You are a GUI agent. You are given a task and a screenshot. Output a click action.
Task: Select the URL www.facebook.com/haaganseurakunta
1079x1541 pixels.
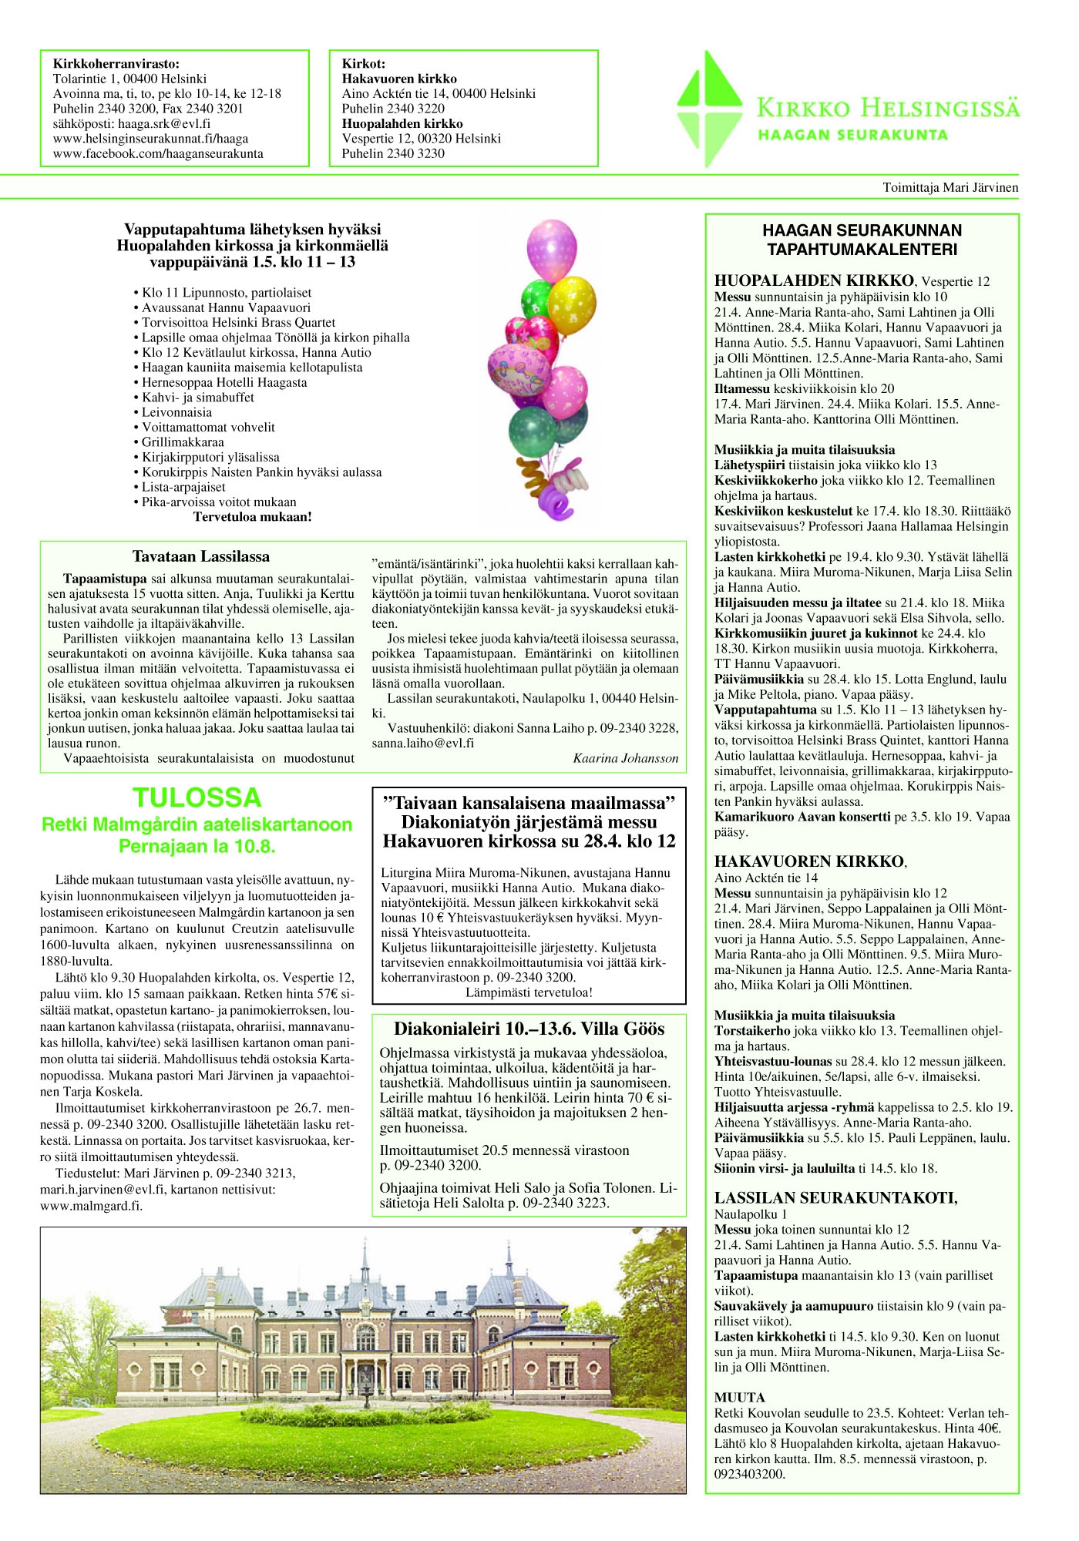[x=158, y=153]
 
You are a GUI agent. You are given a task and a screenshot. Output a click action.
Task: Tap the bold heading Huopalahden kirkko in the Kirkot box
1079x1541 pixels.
[x=402, y=123]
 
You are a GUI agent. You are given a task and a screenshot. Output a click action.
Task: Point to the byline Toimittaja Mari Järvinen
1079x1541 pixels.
[x=950, y=187]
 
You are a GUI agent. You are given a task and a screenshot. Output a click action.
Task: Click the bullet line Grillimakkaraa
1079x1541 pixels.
[x=183, y=442]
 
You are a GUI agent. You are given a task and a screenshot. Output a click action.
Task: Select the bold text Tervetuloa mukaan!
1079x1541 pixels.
[x=252, y=517]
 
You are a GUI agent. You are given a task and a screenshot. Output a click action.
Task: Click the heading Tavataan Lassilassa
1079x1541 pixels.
[x=200, y=556]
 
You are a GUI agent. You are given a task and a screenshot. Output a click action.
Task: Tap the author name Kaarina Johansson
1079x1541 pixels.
[x=625, y=758]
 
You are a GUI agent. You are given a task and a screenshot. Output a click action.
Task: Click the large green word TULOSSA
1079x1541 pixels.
[x=197, y=797]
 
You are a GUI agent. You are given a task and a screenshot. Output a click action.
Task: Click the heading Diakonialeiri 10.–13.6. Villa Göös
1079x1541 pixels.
[x=529, y=1029]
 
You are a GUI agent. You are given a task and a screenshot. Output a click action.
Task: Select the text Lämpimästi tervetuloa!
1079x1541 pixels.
[x=529, y=992]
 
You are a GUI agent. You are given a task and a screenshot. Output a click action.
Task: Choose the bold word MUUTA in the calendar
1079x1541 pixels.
[x=739, y=1398]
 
